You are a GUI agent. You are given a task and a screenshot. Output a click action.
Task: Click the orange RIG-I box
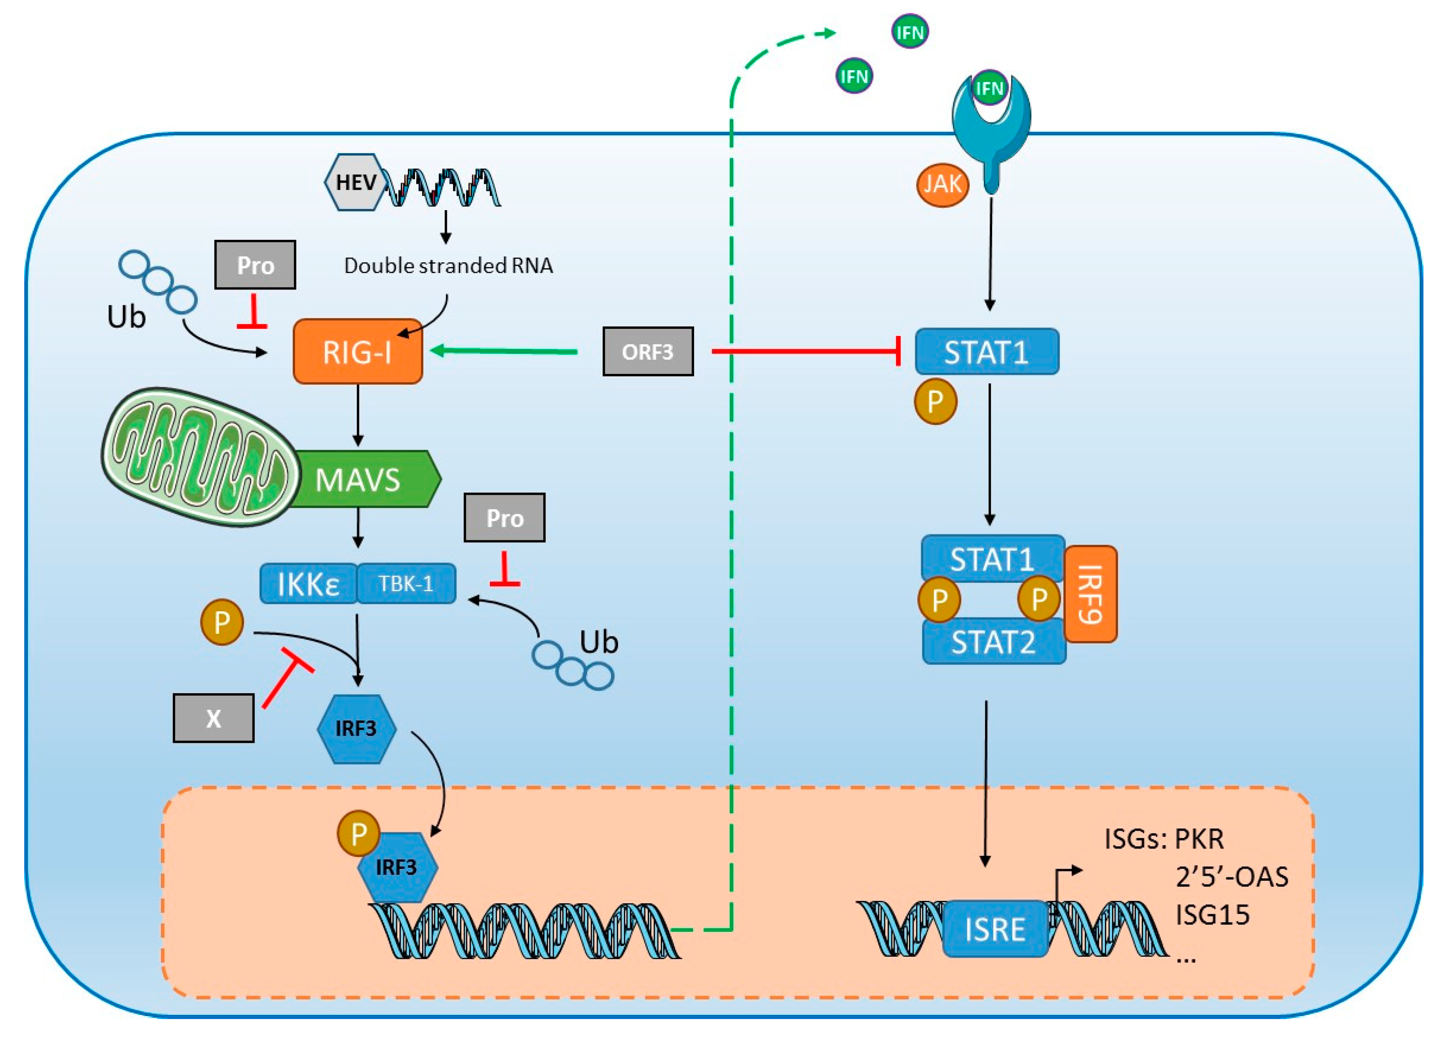coord(358,351)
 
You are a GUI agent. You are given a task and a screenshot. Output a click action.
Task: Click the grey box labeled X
coord(214,718)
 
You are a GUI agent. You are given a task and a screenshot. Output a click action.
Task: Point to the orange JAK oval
coord(942,185)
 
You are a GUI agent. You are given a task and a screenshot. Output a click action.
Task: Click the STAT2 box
coord(994,642)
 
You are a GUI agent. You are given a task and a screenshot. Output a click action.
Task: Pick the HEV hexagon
coord(356,182)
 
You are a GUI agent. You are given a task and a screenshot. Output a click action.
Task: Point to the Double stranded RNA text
coord(448,265)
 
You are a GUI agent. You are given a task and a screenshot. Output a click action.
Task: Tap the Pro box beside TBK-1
coord(504,518)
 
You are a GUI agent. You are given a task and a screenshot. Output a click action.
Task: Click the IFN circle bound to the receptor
coord(989,88)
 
